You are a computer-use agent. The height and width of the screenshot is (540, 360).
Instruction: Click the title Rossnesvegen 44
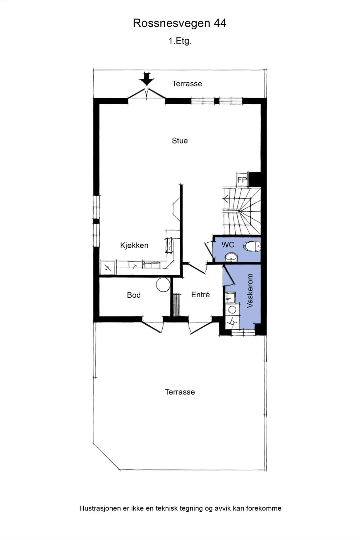[x=179, y=23]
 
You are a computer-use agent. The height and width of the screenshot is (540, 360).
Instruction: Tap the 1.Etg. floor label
[x=180, y=41]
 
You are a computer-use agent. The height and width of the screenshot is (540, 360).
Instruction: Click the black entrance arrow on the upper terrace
[x=147, y=78]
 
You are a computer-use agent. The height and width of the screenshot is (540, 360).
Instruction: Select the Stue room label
[x=180, y=140]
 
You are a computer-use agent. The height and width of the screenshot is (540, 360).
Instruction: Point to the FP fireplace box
[x=242, y=180]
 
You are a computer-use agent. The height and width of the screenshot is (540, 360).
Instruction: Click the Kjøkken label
[x=134, y=245]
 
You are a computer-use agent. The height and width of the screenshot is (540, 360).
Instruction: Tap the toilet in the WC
[x=252, y=247]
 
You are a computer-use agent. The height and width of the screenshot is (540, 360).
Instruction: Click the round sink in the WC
[x=231, y=257]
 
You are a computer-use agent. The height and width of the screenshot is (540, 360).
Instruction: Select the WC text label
[x=228, y=245]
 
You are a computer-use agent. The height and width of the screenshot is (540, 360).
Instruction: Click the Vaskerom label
[x=250, y=291]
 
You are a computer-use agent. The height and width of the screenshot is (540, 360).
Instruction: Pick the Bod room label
[x=134, y=295]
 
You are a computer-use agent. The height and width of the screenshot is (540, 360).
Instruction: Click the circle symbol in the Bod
[x=163, y=285]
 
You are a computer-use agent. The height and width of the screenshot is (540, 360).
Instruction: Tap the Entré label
[x=200, y=295]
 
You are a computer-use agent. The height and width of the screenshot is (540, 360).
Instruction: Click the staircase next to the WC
[x=242, y=211]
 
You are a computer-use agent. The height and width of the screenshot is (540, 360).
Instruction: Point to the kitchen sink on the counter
[x=170, y=245]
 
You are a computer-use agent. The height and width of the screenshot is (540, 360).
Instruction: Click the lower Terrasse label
[x=180, y=392]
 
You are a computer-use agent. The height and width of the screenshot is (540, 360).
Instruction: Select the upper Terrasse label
[x=187, y=84]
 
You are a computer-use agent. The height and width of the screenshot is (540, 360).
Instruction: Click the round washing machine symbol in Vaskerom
[x=232, y=310]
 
